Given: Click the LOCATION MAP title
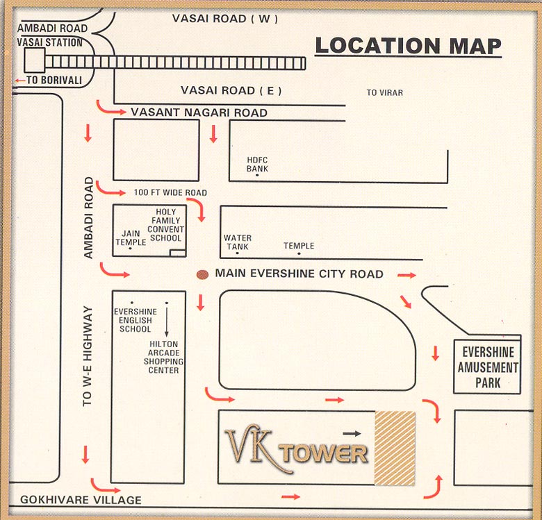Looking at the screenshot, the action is tap(408, 46).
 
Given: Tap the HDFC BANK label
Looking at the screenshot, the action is tap(257, 164).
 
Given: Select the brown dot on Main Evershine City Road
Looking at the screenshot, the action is tap(202, 274).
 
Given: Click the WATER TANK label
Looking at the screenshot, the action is tap(238, 242).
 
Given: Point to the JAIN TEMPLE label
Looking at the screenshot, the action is tap(131, 238).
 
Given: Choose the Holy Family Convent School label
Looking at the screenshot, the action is tap(166, 225).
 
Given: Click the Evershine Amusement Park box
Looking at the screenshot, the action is tap(487, 367).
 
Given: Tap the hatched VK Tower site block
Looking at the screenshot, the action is tap(395, 447).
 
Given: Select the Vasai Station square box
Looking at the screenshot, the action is tap(33, 60).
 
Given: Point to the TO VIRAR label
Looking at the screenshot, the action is tap(384, 92).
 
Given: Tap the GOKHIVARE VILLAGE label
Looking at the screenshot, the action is tap(81, 500).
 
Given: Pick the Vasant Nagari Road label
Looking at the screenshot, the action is tap(199, 112).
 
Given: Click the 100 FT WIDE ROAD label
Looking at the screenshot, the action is tap(170, 192).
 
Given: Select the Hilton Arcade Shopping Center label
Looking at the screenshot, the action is tap(163, 357).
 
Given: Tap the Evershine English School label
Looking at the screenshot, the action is tap(135, 320).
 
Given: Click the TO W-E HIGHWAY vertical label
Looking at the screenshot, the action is tap(88, 355).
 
